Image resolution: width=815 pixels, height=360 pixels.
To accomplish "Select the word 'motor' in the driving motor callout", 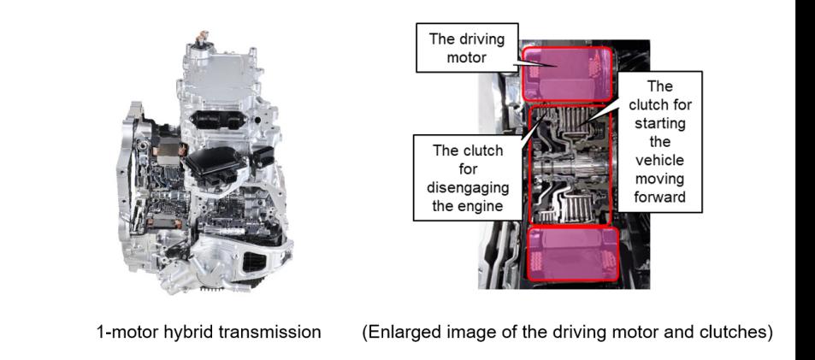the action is pyautogui.click(x=467, y=56).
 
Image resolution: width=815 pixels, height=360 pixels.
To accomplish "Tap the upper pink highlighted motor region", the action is pyautogui.click(x=567, y=74).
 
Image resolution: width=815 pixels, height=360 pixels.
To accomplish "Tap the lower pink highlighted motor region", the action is pyautogui.click(x=573, y=254).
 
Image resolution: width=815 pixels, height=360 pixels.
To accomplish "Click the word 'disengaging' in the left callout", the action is pyautogui.click(x=469, y=186).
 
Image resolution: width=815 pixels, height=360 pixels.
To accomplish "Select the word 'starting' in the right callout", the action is pyautogui.click(x=659, y=124).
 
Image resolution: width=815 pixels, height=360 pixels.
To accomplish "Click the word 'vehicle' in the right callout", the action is pyautogui.click(x=659, y=160).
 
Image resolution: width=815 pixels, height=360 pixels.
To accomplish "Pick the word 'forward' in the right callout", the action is pyautogui.click(x=659, y=197).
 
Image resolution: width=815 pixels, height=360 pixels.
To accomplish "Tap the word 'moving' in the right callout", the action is pyautogui.click(x=659, y=179).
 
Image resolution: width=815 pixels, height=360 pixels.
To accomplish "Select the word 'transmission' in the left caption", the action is pyautogui.click(x=270, y=332).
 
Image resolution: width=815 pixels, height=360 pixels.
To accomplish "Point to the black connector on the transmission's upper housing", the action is pyautogui.click(x=218, y=120).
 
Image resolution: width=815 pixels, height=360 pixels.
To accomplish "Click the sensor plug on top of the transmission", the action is pyautogui.click(x=201, y=38).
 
